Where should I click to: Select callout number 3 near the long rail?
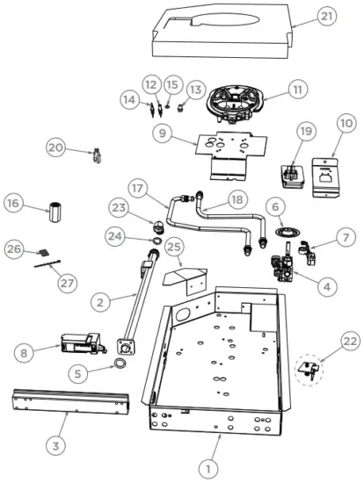pos(55,446)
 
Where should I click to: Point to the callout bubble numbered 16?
pos(14,204)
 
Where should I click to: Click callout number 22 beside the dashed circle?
pos(351,339)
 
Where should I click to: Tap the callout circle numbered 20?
pos(57,148)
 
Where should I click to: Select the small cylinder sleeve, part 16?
pos(56,213)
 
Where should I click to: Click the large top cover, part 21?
pos(220,31)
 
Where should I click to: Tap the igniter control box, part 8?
pos(81,342)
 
